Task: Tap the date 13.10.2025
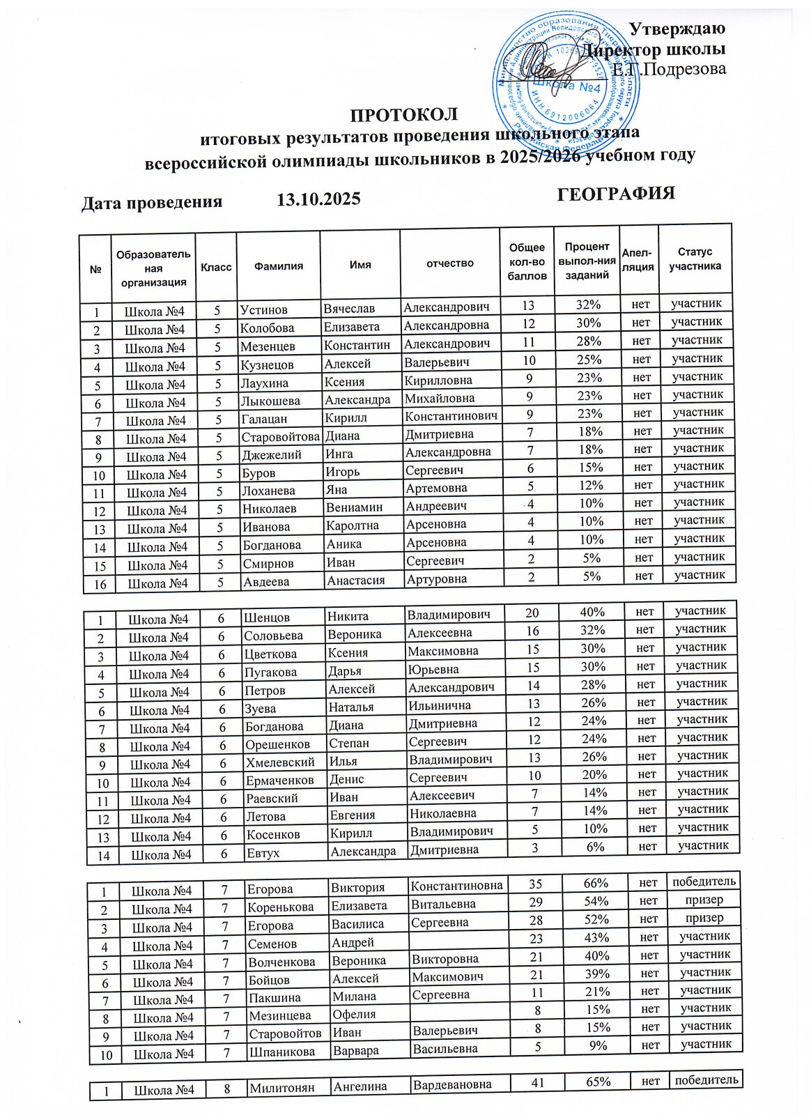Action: pyautogui.click(x=318, y=199)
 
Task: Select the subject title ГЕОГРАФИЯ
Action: pyautogui.click(x=617, y=193)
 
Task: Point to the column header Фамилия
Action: pyautogui.click(x=278, y=266)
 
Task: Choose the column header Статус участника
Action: pyautogui.click(x=695, y=259)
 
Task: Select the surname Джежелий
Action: pyautogui.click(x=271, y=454)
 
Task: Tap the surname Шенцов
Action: pyautogui.click(x=266, y=617)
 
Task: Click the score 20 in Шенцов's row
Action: pyautogui.click(x=532, y=613)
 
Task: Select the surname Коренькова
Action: pyautogui.click(x=281, y=907)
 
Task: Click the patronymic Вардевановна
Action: pyautogui.click(x=452, y=1084)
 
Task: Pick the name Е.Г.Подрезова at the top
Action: pyautogui.click(x=670, y=69)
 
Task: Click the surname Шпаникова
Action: pyautogui.click(x=282, y=1052)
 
